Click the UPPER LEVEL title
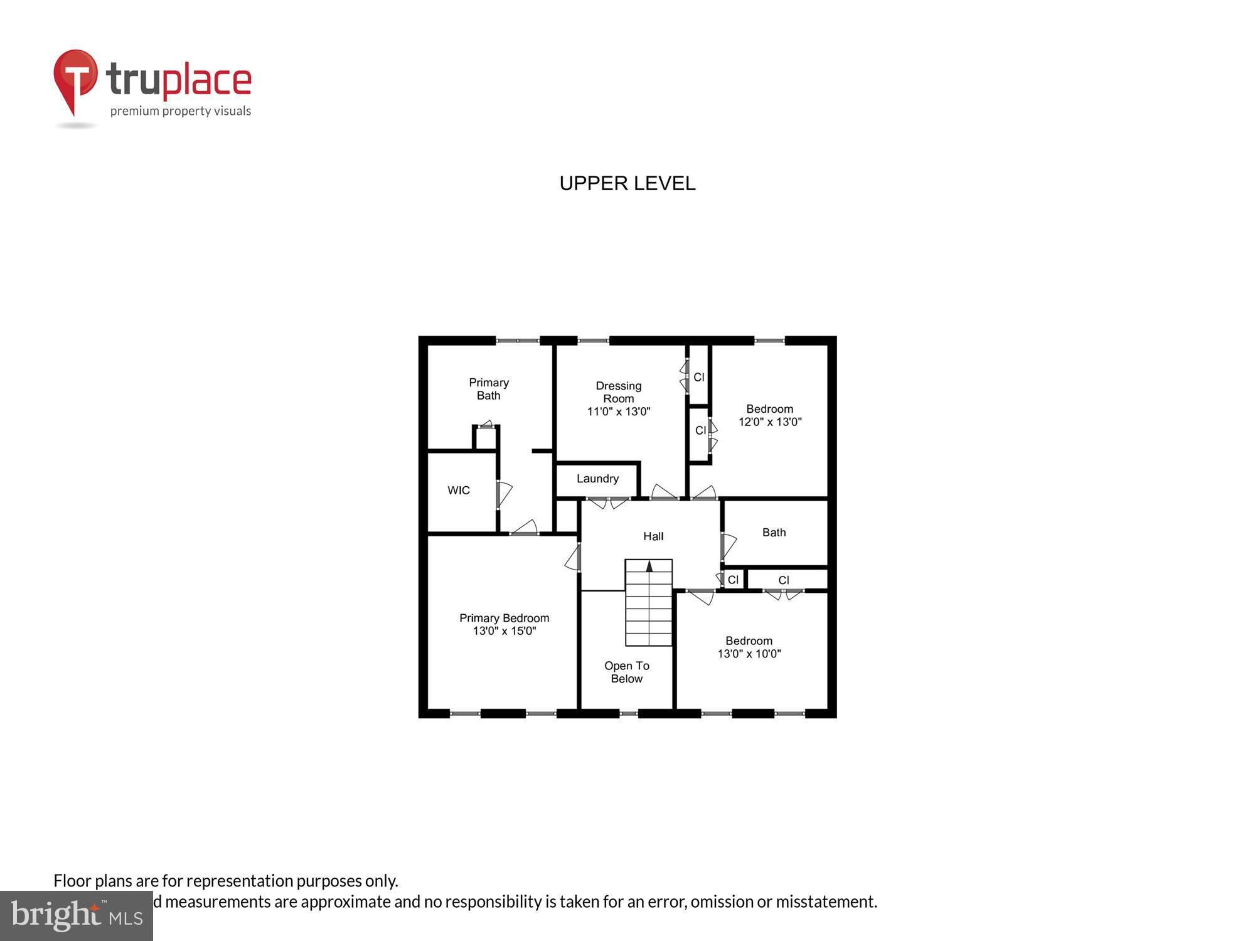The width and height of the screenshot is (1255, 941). click(627, 183)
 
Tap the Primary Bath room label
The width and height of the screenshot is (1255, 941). click(488, 389)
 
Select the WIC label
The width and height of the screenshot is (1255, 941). click(458, 490)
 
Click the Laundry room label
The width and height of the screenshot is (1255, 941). click(597, 479)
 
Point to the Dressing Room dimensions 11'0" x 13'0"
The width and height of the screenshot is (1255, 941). click(618, 412)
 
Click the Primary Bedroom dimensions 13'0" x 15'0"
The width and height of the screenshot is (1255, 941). click(504, 631)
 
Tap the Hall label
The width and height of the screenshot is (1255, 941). click(653, 536)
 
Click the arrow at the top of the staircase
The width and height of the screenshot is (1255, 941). click(649, 566)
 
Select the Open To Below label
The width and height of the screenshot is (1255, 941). click(626, 672)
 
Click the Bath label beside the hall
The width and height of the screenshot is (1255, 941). click(773, 533)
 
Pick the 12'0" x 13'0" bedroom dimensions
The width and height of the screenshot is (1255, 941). click(769, 422)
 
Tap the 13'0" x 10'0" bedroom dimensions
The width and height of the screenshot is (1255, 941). click(749, 654)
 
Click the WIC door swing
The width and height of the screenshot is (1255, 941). click(503, 494)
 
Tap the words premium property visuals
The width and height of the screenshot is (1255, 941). click(180, 112)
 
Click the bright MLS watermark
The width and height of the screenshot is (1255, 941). click(76, 916)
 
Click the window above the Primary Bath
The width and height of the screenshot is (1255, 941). click(517, 341)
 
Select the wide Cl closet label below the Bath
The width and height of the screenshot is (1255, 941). click(783, 580)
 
